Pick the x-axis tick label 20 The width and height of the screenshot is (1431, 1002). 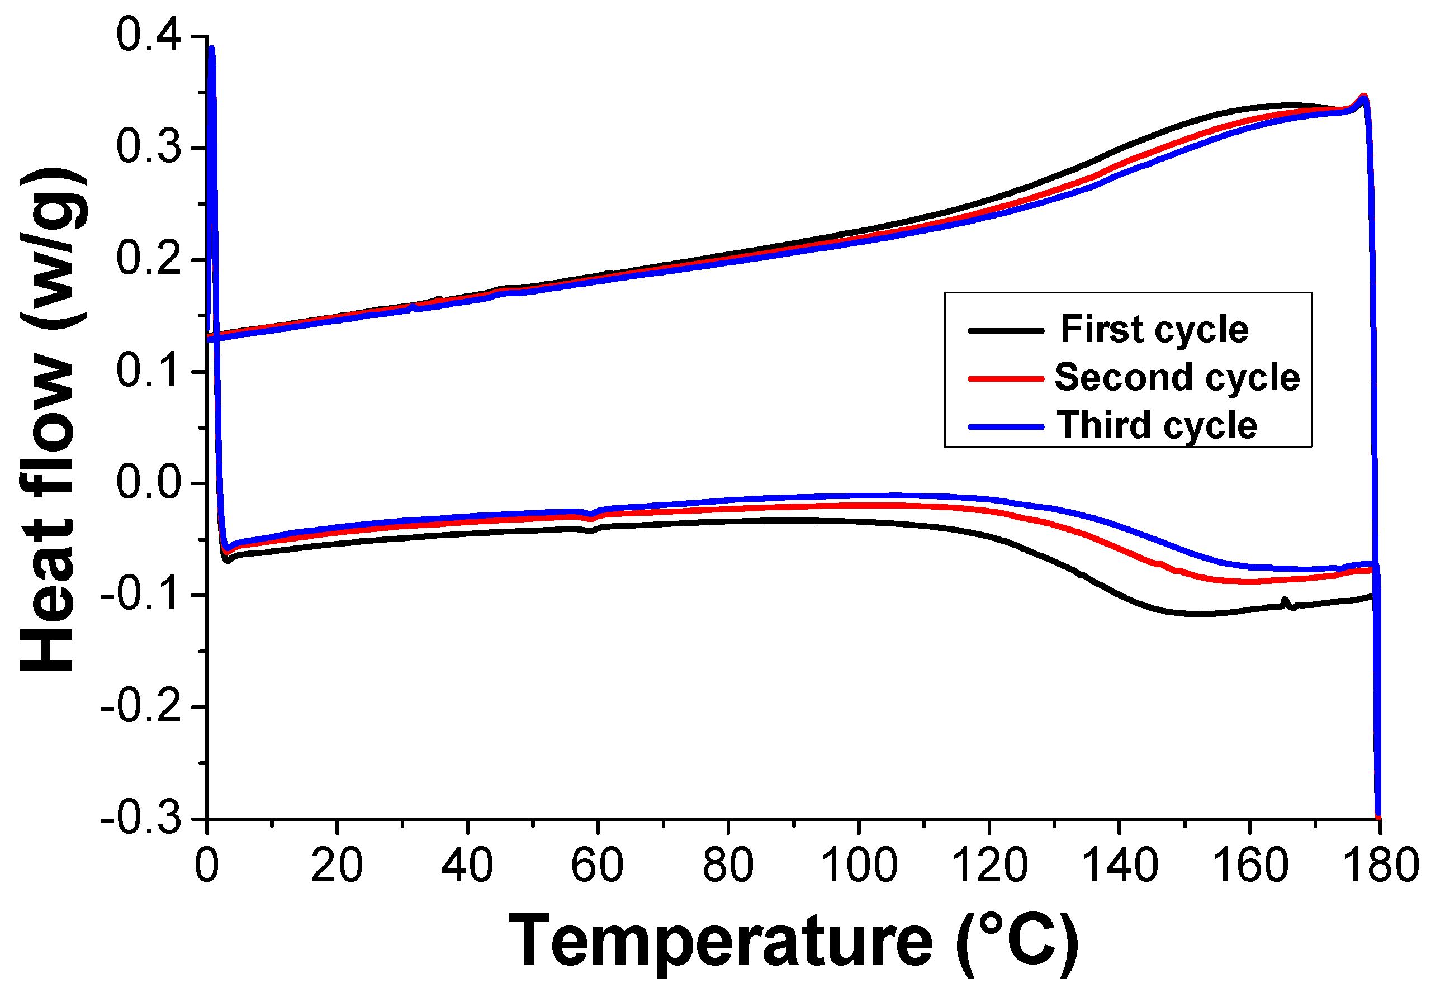(337, 866)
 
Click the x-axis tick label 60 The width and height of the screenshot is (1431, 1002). (597, 866)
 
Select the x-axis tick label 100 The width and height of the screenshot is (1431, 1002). (858, 866)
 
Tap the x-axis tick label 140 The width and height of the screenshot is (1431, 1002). (1120, 866)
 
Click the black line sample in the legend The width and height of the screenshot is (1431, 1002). (1006, 330)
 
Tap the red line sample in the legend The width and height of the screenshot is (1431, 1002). (1006, 378)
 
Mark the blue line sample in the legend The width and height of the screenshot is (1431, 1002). (1006, 427)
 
